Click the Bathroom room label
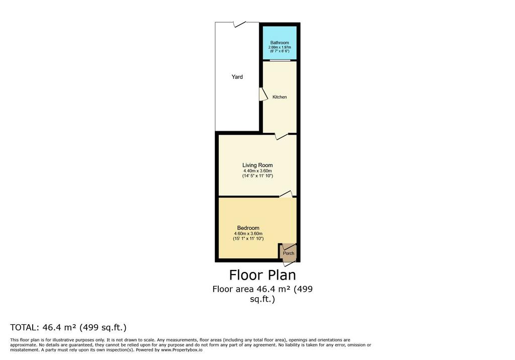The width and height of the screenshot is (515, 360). pyautogui.click(x=280, y=43)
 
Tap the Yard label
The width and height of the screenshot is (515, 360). pyautogui.click(x=237, y=77)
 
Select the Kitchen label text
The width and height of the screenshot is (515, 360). pyautogui.click(x=280, y=97)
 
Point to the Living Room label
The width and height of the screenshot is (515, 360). pyautogui.click(x=257, y=165)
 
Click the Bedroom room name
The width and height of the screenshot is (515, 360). pyautogui.click(x=248, y=228)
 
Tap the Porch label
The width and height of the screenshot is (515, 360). pyautogui.click(x=289, y=253)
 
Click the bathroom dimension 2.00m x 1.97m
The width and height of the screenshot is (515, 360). pyautogui.click(x=280, y=47)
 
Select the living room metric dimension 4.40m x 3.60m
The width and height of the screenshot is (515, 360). pyautogui.click(x=257, y=171)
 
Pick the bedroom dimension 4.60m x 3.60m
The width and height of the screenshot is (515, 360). pyautogui.click(x=248, y=233)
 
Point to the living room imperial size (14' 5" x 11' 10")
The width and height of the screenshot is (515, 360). pyautogui.click(x=257, y=176)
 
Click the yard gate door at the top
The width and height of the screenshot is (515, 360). pyautogui.click(x=239, y=24)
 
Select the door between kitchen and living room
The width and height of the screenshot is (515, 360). pyautogui.click(x=281, y=136)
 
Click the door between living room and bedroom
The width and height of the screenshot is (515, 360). pyautogui.click(x=286, y=194)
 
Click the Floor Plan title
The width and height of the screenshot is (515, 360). pyautogui.click(x=263, y=275)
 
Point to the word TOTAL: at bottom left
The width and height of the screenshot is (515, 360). pyautogui.click(x=24, y=327)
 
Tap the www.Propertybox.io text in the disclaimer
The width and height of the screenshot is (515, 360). pyautogui.click(x=182, y=350)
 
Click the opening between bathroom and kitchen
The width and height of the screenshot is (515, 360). pyautogui.click(x=280, y=60)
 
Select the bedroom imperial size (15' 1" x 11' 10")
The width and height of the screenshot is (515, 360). pyautogui.click(x=248, y=239)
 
